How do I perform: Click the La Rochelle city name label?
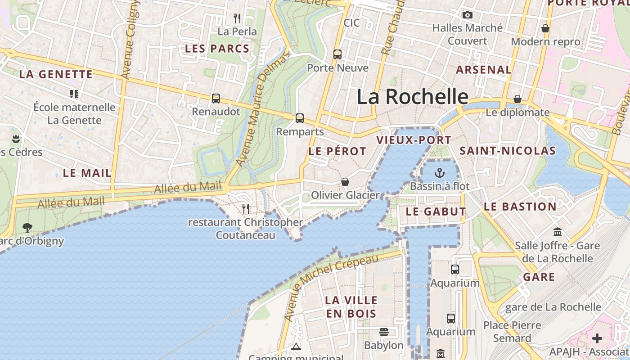[413, 97]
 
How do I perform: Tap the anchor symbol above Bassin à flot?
[439, 173]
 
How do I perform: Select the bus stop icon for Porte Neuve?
[337, 54]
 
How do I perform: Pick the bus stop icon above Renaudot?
[216, 99]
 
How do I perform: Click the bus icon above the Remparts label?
[300, 118]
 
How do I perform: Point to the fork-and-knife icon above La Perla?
[237, 18]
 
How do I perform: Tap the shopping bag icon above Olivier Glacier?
[345, 182]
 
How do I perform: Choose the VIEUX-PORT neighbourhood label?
[414, 140]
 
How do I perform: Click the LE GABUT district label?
[436, 211]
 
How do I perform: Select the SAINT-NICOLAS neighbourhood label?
[508, 151]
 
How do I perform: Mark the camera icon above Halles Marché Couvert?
[468, 15]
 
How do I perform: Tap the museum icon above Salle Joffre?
[558, 232]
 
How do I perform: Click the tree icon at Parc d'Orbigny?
[27, 227]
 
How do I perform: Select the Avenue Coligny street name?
[130, 40]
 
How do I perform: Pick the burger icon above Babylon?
[384, 332]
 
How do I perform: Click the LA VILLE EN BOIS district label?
[351, 306]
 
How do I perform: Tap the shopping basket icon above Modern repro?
[545, 28]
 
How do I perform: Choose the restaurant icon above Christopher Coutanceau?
[246, 208]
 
